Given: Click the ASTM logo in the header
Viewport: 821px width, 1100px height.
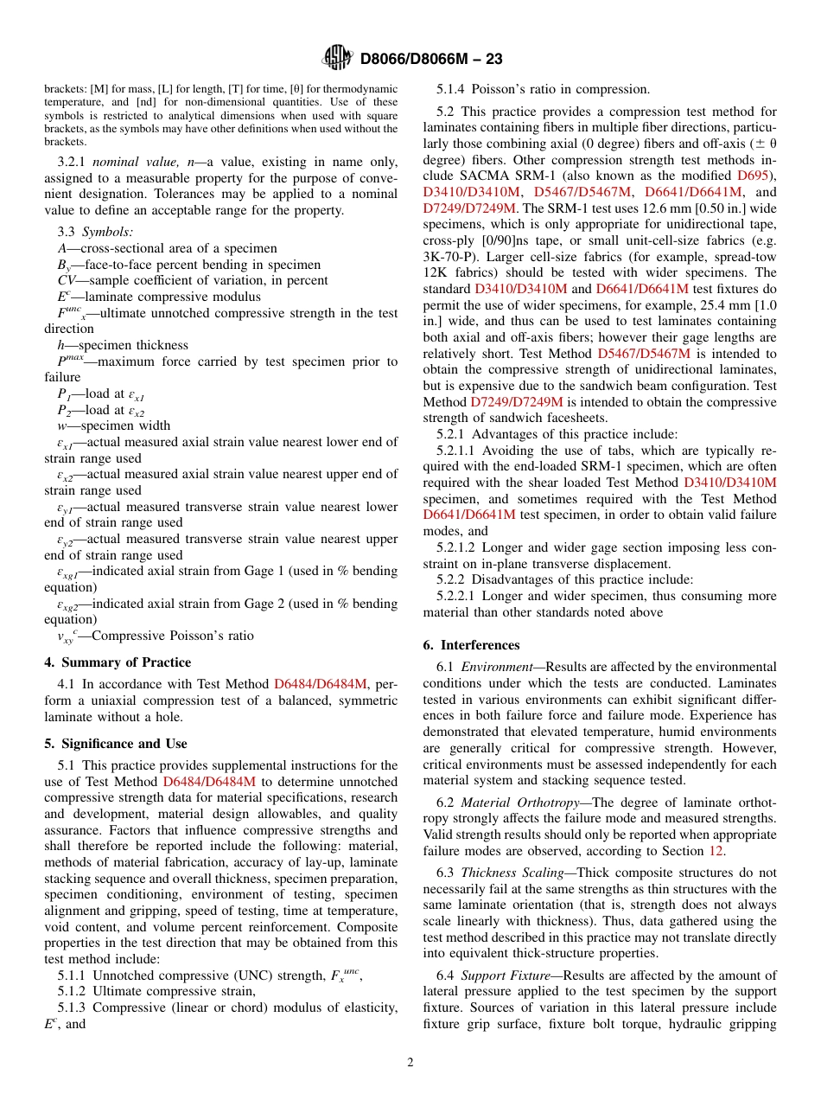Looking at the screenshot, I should tap(337, 58).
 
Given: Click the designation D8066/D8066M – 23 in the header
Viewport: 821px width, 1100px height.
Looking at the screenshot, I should tap(430, 59).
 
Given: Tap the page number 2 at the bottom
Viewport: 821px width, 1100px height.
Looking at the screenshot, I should tap(410, 1062).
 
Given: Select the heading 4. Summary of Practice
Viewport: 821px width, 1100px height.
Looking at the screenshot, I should tap(118, 662).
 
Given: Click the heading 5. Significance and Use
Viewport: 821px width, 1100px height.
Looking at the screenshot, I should tap(116, 744).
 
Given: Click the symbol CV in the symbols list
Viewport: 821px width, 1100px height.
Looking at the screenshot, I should tap(66, 280).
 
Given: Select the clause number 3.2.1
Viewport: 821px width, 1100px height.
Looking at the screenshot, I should tap(73, 162).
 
